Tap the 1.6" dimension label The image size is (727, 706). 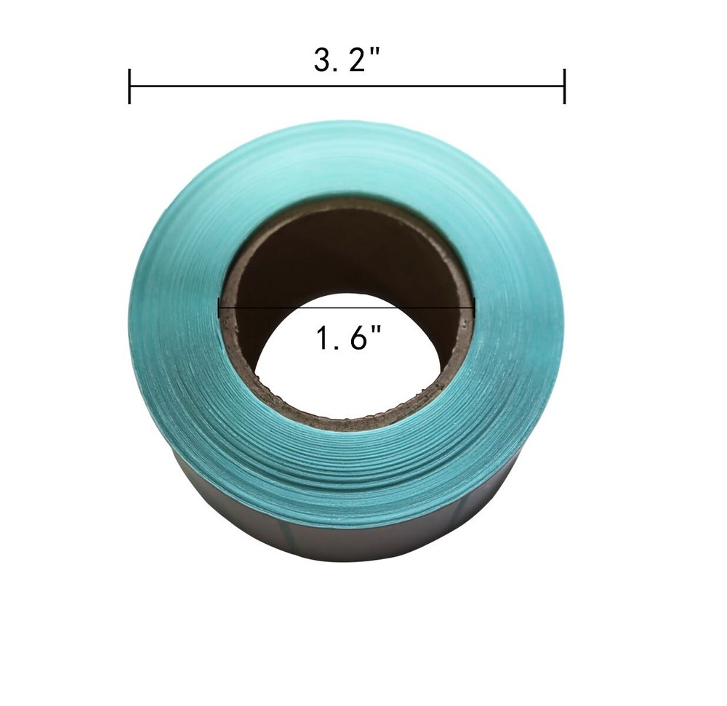tap(348, 339)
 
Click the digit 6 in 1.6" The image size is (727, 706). tap(356, 339)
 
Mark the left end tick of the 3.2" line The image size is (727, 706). tap(129, 87)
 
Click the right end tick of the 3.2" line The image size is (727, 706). tap(564, 87)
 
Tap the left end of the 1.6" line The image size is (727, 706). tap(220, 308)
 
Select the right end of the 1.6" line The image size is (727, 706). tap(474, 308)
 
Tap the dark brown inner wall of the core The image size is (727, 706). tap(342, 247)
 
